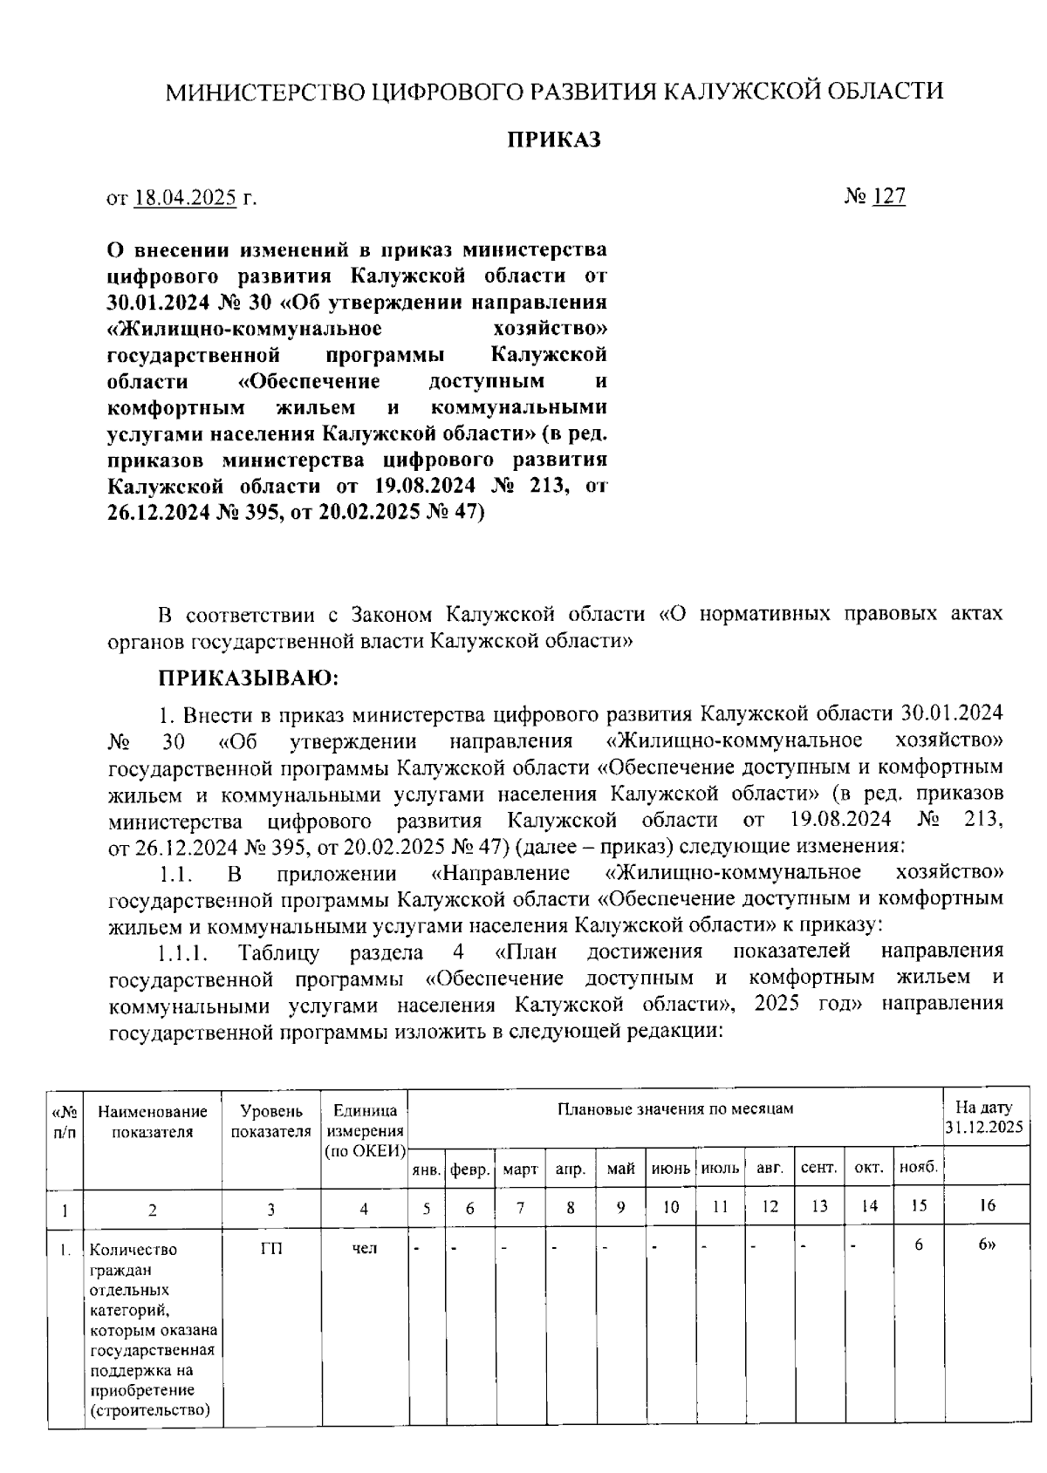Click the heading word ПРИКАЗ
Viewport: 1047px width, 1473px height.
(x=555, y=140)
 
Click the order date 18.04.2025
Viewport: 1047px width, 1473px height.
(x=187, y=198)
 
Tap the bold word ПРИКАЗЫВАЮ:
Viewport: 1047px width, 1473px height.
(x=248, y=678)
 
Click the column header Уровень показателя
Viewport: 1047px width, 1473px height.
(x=271, y=1122)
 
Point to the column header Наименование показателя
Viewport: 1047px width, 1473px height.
(x=153, y=1122)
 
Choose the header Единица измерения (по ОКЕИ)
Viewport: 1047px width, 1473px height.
(x=365, y=1131)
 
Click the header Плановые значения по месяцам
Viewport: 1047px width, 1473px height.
(x=675, y=1109)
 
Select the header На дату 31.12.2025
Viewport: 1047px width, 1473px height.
(x=985, y=1117)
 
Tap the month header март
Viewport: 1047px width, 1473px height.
(x=521, y=1170)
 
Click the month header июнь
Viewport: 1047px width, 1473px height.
(x=670, y=1169)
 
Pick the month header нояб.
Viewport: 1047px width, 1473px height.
(x=919, y=1168)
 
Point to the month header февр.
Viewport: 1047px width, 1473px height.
(x=470, y=1170)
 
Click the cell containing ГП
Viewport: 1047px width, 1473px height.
(x=271, y=1249)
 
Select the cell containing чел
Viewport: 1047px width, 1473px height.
(x=365, y=1249)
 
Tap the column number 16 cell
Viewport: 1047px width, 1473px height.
(x=987, y=1206)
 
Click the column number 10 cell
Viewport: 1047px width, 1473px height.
(x=670, y=1207)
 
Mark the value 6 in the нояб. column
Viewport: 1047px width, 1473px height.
(x=919, y=1245)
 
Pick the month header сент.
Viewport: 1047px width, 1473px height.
(x=818, y=1169)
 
